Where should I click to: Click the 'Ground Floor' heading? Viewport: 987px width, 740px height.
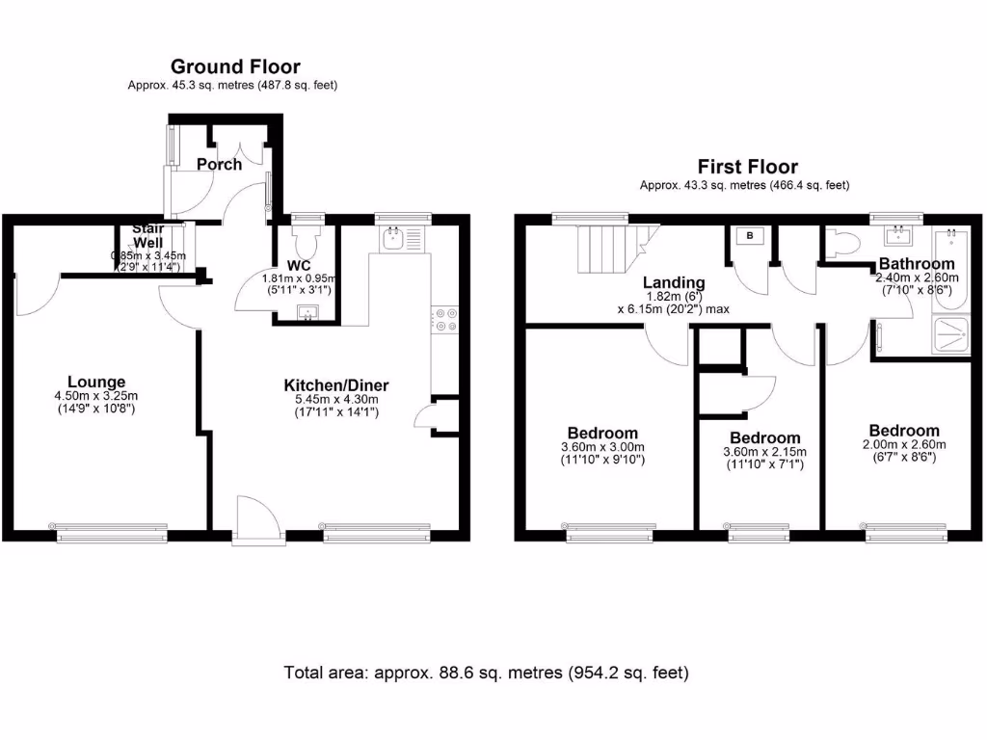pos(235,66)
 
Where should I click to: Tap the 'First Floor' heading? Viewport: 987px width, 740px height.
pos(748,167)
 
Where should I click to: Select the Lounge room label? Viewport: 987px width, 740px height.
pos(96,382)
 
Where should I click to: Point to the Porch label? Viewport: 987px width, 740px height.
pos(219,164)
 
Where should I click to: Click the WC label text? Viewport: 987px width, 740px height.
pos(297,265)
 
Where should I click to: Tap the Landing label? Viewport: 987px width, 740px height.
pos(675,282)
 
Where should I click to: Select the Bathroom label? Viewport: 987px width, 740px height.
pos(917,263)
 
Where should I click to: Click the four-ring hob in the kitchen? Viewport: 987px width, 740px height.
pos(444,319)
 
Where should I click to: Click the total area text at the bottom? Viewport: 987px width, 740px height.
pos(487,672)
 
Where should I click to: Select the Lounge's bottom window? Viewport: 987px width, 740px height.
pos(112,528)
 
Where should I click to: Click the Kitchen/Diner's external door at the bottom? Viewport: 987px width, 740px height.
pos(256,522)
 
